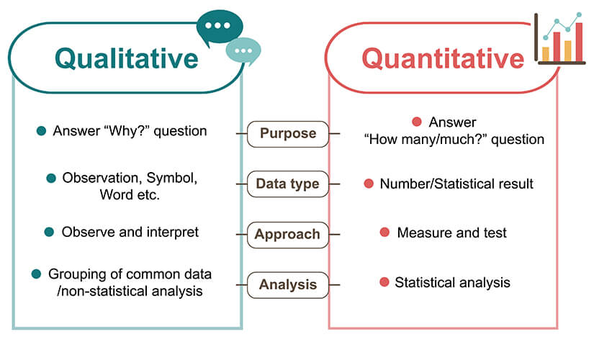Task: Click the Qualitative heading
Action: coord(127,59)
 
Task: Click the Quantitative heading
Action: coord(443,59)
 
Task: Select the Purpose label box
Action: coord(288,134)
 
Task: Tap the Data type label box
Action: coord(288,184)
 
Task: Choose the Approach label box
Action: coord(288,235)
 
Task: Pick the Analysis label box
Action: coord(288,284)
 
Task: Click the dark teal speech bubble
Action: coord(220,27)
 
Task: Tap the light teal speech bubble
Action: coord(243,51)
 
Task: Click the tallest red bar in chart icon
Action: coord(579,42)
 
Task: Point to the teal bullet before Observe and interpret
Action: coord(49,232)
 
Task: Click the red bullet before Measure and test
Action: coord(384,233)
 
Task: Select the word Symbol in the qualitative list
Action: coord(171,178)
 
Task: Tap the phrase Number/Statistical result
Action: coord(456,184)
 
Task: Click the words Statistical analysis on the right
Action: coord(452,283)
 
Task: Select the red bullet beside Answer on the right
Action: coord(417,122)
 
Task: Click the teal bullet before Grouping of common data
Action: coord(37,274)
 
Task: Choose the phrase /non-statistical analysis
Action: coord(130,292)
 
